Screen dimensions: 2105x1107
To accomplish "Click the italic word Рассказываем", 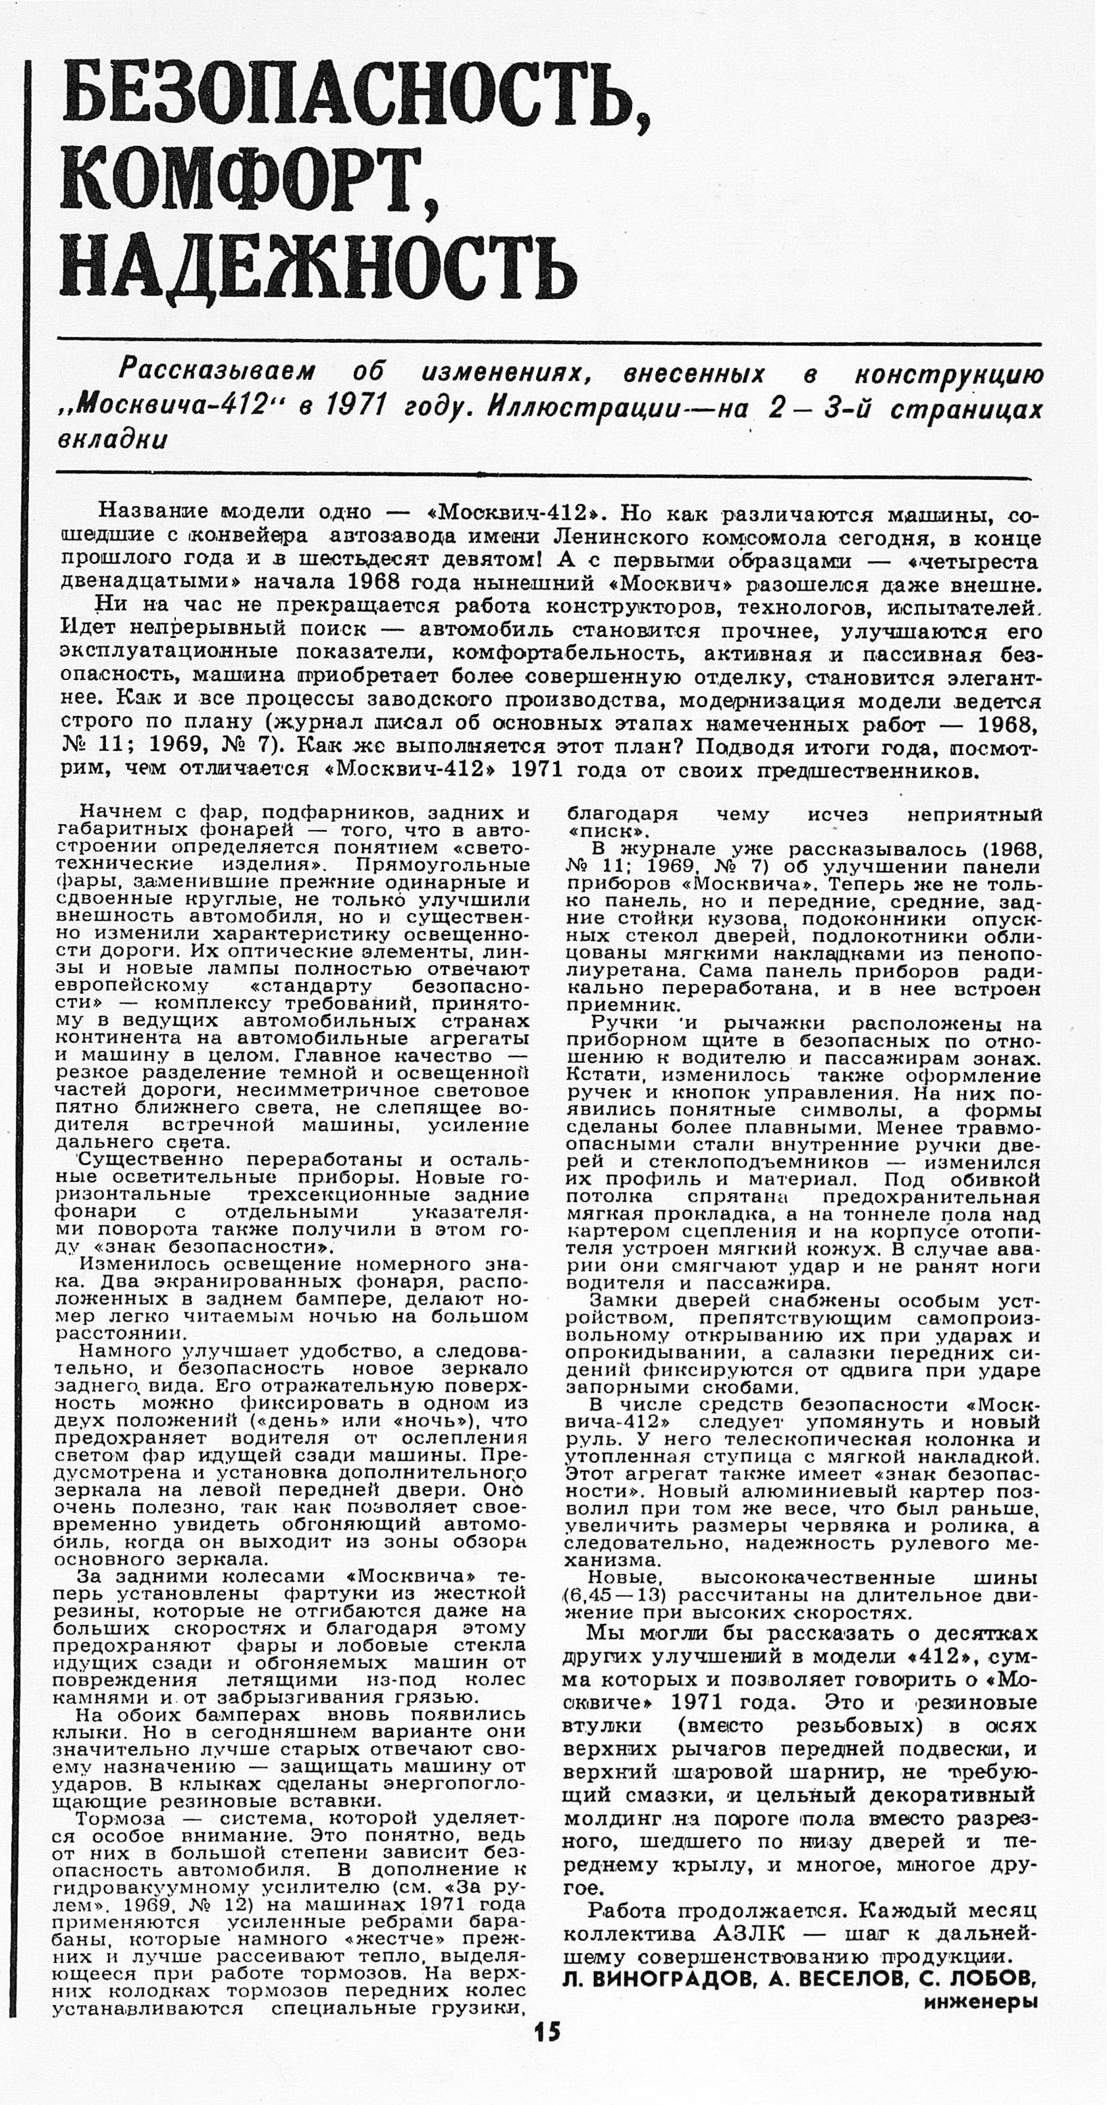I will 217,372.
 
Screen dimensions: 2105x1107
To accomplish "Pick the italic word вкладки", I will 113,440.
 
